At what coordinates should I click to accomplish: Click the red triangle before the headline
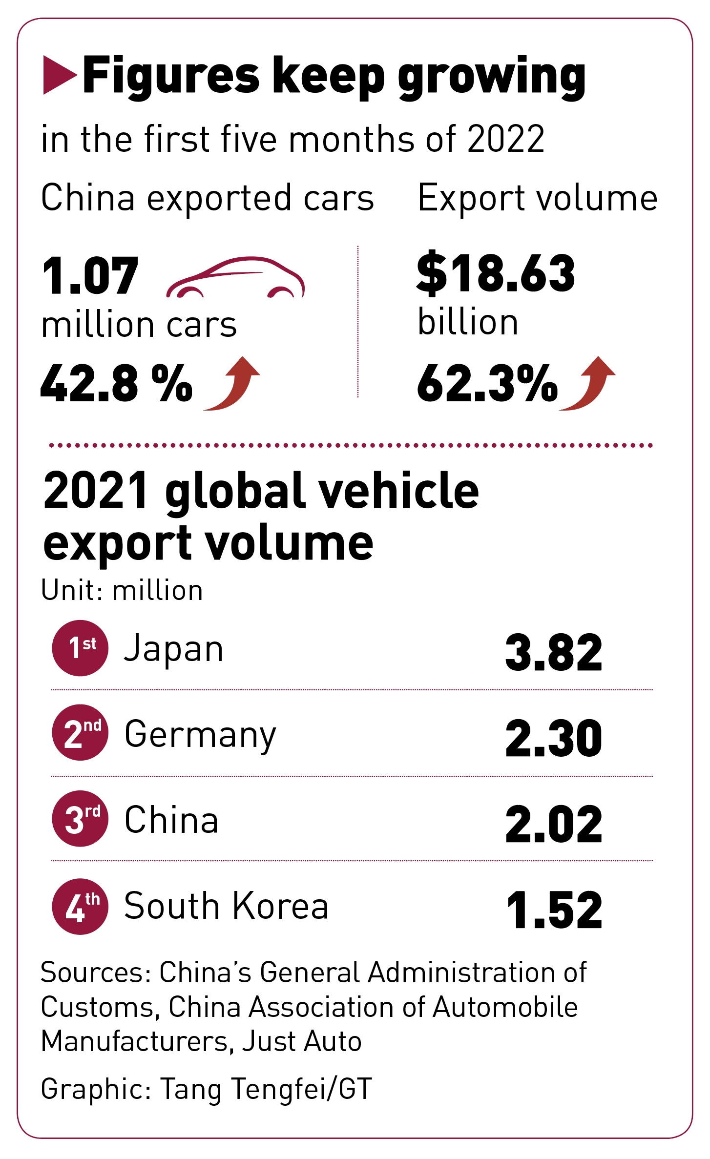point(59,75)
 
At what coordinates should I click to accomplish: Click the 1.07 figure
point(90,276)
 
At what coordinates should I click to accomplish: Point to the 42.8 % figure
point(116,384)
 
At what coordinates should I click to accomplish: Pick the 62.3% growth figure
point(487,384)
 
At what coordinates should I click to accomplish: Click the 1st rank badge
point(80,648)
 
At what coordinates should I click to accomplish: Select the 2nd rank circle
point(80,733)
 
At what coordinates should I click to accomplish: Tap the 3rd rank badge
point(80,819)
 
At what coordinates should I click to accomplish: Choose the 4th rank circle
point(80,906)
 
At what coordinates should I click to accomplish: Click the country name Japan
point(174,649)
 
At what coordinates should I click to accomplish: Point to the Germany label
point(200,735)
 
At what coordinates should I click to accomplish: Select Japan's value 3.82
point(554,652)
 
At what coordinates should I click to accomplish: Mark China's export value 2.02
point(554,825)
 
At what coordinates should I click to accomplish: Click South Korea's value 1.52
point(555,910)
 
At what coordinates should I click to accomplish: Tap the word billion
point(468,322)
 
